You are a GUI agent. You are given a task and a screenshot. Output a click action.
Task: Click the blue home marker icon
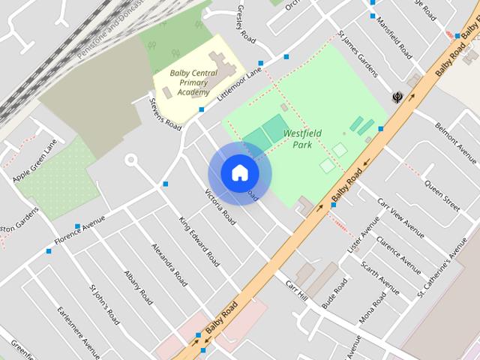[239, 173]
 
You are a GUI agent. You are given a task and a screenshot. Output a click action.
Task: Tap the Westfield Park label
[302, 138]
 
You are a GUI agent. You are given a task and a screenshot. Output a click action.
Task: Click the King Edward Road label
[199, 241]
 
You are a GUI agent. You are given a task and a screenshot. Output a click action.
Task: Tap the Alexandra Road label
[169, 263]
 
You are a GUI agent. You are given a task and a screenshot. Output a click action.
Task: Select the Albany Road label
[138, 287]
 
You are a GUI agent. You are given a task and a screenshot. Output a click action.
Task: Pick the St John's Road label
[104, 304]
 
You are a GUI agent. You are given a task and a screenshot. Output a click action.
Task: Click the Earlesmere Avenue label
[79, 333]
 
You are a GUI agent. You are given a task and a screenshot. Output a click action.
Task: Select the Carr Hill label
[297, 292]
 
